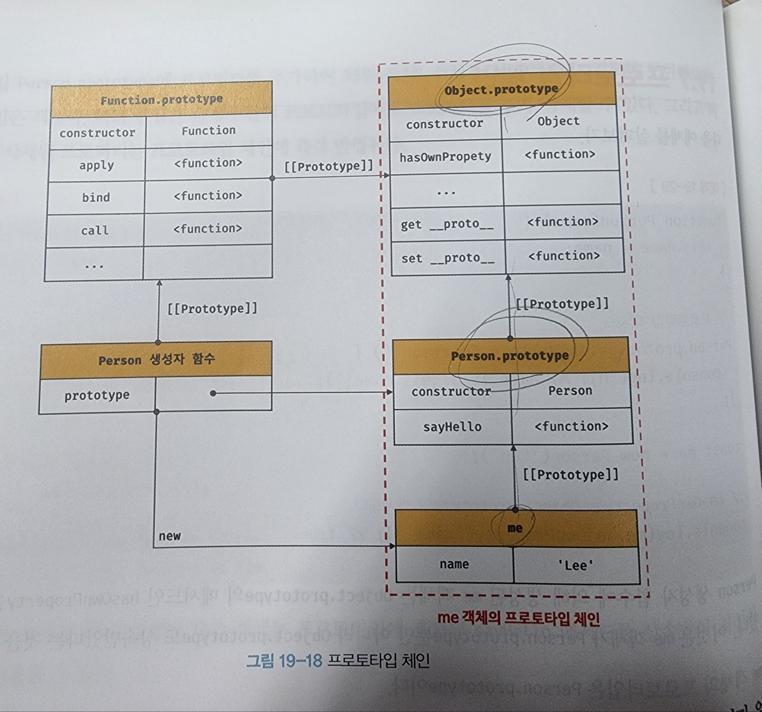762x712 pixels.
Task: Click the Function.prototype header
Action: tap(161, 99)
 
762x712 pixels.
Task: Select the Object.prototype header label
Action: tap(501, 89)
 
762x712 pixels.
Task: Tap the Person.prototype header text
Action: tap(510, 356)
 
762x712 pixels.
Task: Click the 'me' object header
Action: tap(515, 528)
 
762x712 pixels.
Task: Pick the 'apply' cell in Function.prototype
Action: tap(96, 165)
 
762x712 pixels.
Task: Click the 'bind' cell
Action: tap(96, 197)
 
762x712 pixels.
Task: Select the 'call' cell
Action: tap(95, 230)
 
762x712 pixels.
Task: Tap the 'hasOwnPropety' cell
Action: tap(445, 157)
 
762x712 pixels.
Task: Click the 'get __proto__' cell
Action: tap(447, 224)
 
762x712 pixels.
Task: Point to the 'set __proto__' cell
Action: tap(448, 258)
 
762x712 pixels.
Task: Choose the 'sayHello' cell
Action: tap(452, 427)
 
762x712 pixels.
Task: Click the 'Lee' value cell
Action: tap(576, 565)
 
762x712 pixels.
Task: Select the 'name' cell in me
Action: tap(454, 564)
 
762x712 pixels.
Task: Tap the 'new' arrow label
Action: tap(170, 536)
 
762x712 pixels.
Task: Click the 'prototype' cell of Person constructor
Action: tap(97, 395)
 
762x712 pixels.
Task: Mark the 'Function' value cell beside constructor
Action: tap(208, 131)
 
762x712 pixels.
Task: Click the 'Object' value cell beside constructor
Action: tap(558, 122)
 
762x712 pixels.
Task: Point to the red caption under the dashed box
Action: tap(519, 618)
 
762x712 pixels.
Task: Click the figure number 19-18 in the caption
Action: tap(300, 661)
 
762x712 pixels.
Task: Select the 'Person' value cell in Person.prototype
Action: tap(570, 391)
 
